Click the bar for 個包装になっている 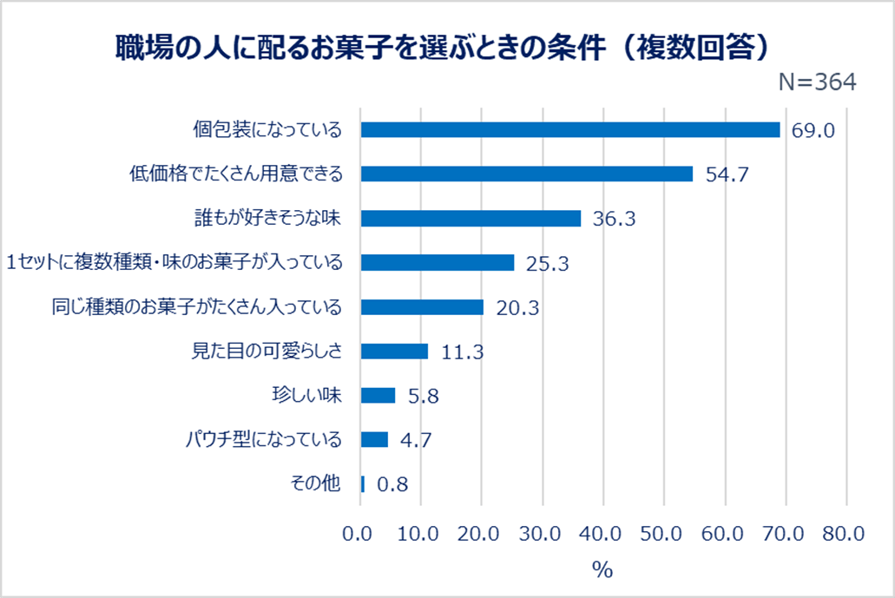click(x=569, y=129)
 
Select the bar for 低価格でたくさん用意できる click(x=526, y=174)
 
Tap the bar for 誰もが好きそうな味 click(x=471, y=218)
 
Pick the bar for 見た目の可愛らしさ click(x=394, y=351)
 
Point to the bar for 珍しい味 click(x=378, y=395)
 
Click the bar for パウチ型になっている click(x=374, y=439)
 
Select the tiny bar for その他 click(x=363, y=483)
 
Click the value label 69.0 click(x=813, y=131)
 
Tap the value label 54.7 click(x=726, y=175)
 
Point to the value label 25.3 click(x=547, y=264)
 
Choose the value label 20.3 click(x=517, y=308)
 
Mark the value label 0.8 click(x=392, y=485)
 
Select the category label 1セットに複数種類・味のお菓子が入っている click(x=174, y=262)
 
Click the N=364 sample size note click(x=817, y=82)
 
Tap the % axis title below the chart click(x=602, y=569)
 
